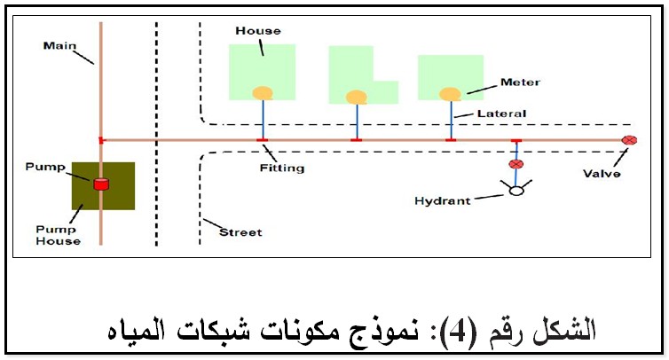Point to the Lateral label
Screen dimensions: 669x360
coord(501,113)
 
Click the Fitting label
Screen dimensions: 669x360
coord(282,168)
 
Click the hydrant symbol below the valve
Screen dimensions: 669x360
coord(516,190)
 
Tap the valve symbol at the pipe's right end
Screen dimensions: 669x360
coord(629,140)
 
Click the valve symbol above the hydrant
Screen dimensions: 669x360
coord(516,164)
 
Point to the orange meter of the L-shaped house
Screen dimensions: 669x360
coord(357,97)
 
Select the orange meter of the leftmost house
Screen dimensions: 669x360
coord(262,92)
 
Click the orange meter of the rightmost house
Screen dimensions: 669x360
coord(451,93)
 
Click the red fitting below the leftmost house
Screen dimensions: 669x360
coord(262,140)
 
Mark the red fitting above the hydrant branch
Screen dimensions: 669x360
coord(516,141)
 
